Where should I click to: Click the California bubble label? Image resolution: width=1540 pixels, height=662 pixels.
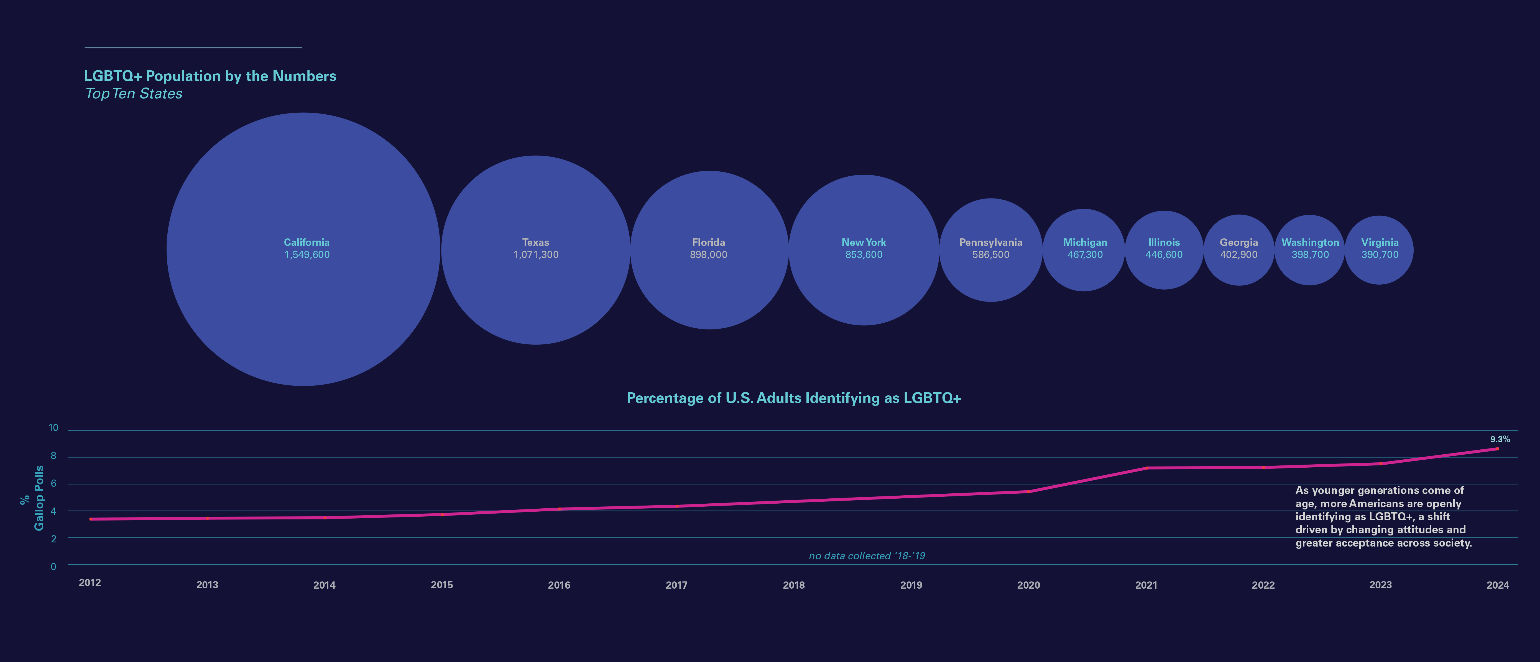[307, 242]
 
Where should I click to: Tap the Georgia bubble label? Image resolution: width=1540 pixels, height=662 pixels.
[1239, 242]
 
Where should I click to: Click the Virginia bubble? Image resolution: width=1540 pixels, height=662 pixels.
[1379, 269]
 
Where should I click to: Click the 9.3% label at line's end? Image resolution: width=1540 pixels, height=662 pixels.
[1499, 439]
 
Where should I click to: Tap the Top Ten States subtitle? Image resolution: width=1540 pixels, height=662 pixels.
[134, 94]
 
